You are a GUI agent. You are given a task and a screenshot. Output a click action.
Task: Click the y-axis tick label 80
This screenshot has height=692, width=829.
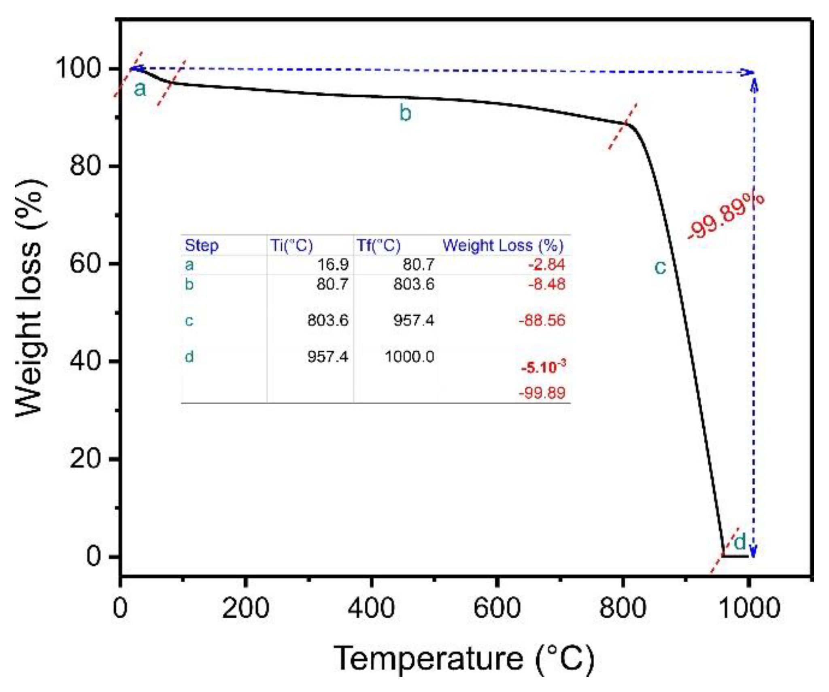pyautogui.click(x=85, y=166)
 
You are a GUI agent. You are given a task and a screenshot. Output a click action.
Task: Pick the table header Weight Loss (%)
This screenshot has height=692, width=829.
pyautogui.click(x=503, y=245)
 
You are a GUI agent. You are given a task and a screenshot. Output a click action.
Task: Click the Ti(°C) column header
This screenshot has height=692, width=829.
pyautogui.click(x=291, y=245)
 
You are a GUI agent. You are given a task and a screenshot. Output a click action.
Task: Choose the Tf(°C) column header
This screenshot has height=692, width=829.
pyautogui.click(x=378, y=245)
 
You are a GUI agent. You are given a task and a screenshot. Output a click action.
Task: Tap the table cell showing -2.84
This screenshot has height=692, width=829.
pyautogui.click(x=546, y=265)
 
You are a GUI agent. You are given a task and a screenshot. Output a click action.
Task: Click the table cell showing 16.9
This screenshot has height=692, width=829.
pyautogui.click(x=332, y=265)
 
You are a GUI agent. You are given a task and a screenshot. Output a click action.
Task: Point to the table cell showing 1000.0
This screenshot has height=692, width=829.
pyautogui.click(x=409, y=357)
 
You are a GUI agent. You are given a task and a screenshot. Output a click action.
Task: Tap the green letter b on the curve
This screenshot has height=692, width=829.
pyautogui.click(x=405, y=113)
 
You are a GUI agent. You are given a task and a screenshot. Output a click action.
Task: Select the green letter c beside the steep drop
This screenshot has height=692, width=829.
pyautogui.click(x=660, y=267)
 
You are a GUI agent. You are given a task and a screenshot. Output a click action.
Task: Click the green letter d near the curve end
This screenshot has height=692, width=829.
pyautogui.click(x=740, y=542)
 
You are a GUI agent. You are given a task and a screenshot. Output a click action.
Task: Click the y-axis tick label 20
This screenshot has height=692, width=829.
pyautogui.click(x=85, y=459)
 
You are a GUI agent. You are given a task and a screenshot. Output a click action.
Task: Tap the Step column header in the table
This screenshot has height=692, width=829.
pyautogui.click(x=201, y=245)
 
